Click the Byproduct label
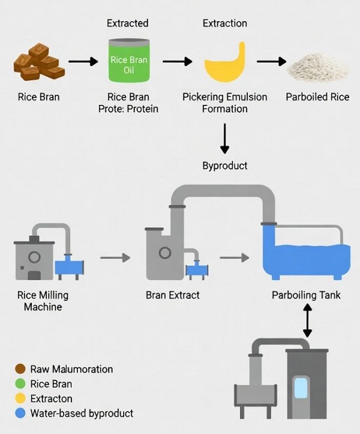[225, 165]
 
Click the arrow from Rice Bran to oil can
[83, 61]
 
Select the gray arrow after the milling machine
[115, 258]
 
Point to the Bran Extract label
[173, 295]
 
